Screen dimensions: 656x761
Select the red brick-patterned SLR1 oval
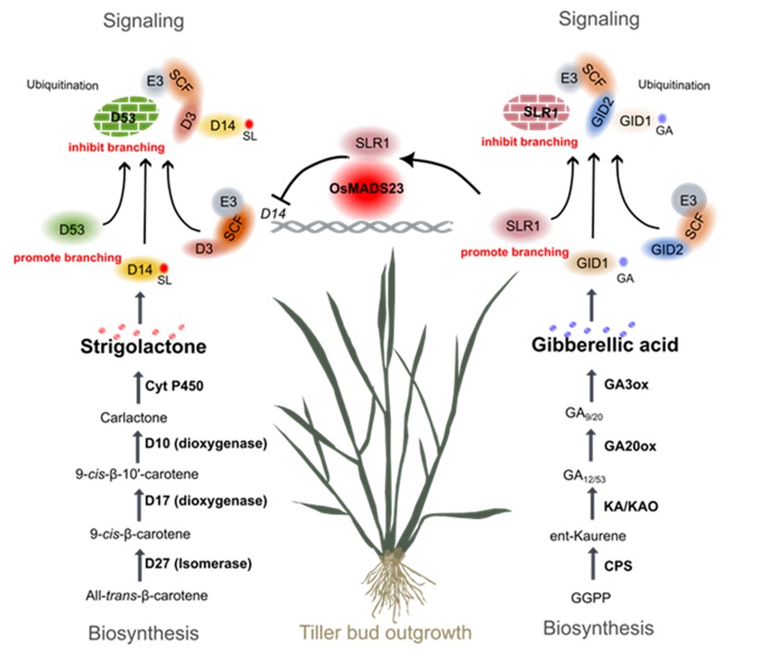pyautogui.click(x=538, y=113)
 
